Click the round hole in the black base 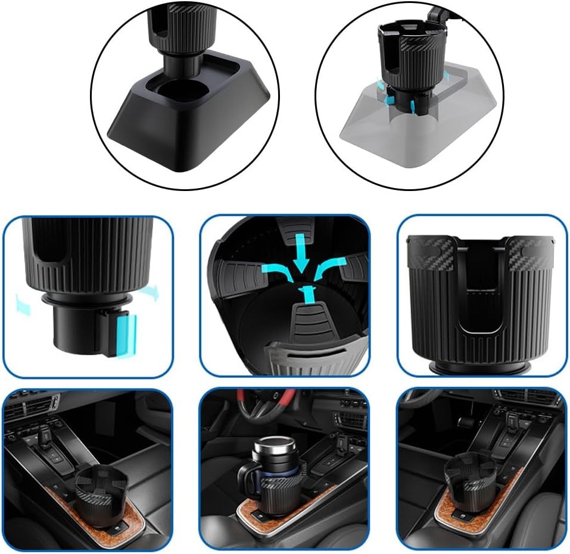(182, 91)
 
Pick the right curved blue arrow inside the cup (328, 273)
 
